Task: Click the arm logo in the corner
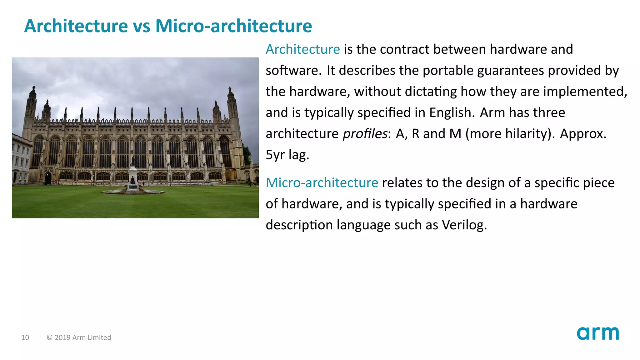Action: (x=597, y=333)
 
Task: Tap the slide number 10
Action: (x=25, y=337)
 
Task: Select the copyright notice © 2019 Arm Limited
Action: (x=79, y=337)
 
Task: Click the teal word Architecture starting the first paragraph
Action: (x=302, y=49)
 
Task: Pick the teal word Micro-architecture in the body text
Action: (x=322, y=183)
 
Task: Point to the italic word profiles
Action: (x=365, y=134)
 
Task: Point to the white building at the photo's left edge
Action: (x=20, y=159)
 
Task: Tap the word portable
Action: (x=448, y=71)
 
